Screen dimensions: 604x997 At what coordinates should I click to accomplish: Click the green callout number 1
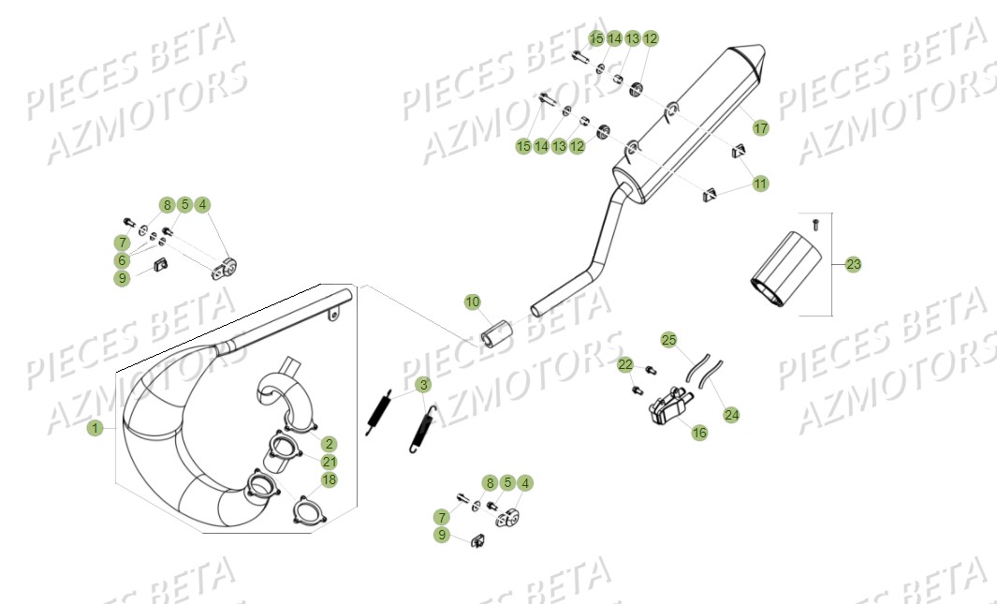point(94,428)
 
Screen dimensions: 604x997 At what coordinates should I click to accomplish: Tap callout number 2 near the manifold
point(330,444)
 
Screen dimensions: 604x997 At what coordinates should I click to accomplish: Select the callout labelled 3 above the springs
point(423,385)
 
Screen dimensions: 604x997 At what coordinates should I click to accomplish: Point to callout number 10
point(473,302)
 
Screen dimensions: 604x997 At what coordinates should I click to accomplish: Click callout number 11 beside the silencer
point(760,184)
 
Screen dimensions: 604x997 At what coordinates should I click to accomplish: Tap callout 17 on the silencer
point(760,128)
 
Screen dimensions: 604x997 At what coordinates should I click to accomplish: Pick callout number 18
point(330,479)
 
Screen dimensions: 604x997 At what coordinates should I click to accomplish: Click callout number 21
point(330,462)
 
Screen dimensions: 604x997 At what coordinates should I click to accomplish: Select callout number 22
point(625,364)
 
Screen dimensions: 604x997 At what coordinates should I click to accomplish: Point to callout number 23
point(853,265)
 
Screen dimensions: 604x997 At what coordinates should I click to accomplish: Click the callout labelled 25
point(668,340)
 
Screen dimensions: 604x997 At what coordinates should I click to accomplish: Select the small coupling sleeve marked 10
point(498,333)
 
